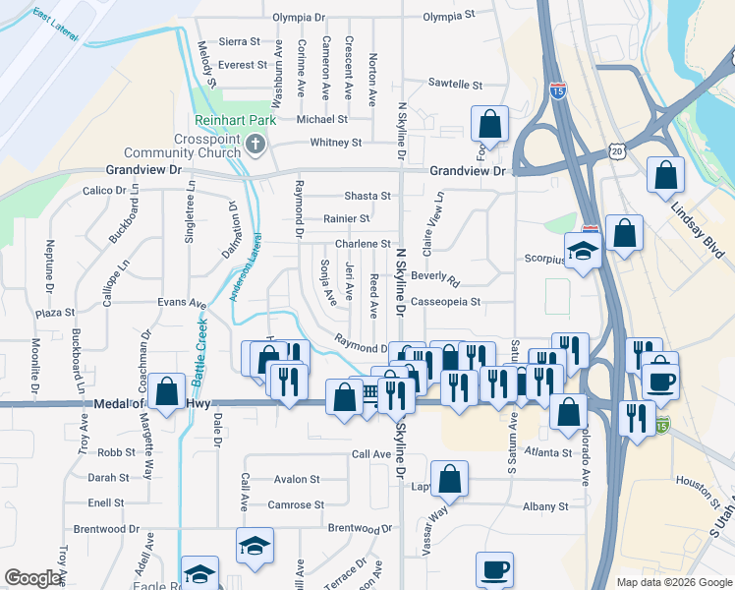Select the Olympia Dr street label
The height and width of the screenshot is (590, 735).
299,18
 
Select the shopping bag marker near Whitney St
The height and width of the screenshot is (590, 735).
489,124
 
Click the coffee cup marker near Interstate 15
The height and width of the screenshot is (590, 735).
660,379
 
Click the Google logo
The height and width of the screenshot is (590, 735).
33,578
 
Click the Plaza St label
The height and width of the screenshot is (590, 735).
55,313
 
